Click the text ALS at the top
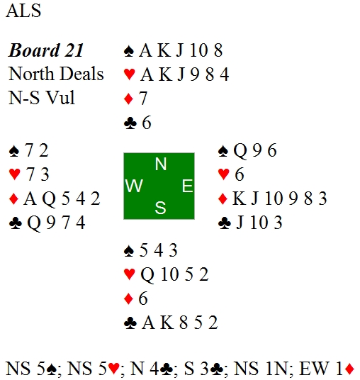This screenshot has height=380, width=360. [x=23, y=11]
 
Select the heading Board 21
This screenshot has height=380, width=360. [x=46, y=50]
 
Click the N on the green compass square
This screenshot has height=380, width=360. [x=161, y=164]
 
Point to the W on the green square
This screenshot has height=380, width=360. [x=134, y=186]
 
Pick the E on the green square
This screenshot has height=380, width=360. [x=187, y=186]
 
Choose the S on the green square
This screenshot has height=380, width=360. [x=160, y=208]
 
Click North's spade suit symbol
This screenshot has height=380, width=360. [x=129, y=51]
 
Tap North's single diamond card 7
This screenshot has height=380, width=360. [x=143, y=98]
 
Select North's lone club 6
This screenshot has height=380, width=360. [x=147, y=123]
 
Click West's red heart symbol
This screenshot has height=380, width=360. [x=14, y=174]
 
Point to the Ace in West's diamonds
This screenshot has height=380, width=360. [x=30, y=199]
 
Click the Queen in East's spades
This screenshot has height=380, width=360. [x=240, y=151]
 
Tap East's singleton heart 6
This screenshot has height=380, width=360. [x=239, y=174]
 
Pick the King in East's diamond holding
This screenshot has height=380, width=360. [x=239, y=199]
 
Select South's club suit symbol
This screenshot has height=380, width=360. [x=130, y=323]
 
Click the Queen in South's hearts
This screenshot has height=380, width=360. [x=147, y=275]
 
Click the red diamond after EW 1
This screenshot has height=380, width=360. [x=349, y=369]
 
